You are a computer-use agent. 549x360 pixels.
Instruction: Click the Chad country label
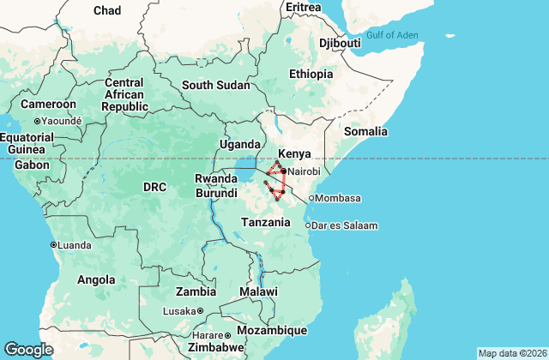pos(107,10)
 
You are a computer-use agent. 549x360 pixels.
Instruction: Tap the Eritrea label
pos(303,7)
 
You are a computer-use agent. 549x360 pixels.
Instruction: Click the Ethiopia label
pos(311,74)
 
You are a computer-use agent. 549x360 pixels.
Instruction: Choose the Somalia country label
pos(365,132)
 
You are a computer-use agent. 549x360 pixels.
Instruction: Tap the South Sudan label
pos(215,86)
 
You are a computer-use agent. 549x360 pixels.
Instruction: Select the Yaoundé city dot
pos(38,121)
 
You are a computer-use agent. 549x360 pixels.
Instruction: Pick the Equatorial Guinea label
pos(26,143)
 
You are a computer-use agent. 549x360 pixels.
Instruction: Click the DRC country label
pos(154,187)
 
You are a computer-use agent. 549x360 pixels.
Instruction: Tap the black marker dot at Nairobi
pos(283,171)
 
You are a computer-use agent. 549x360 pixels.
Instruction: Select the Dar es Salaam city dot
pos(308,225)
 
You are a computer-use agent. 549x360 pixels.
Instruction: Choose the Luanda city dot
pos(53,244)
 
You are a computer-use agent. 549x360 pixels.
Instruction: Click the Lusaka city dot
pos(200,311)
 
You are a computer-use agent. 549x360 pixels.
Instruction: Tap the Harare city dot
pos(227,335)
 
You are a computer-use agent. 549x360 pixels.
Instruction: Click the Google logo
pos(28,350)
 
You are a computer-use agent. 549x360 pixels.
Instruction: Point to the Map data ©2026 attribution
pos(511,353)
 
